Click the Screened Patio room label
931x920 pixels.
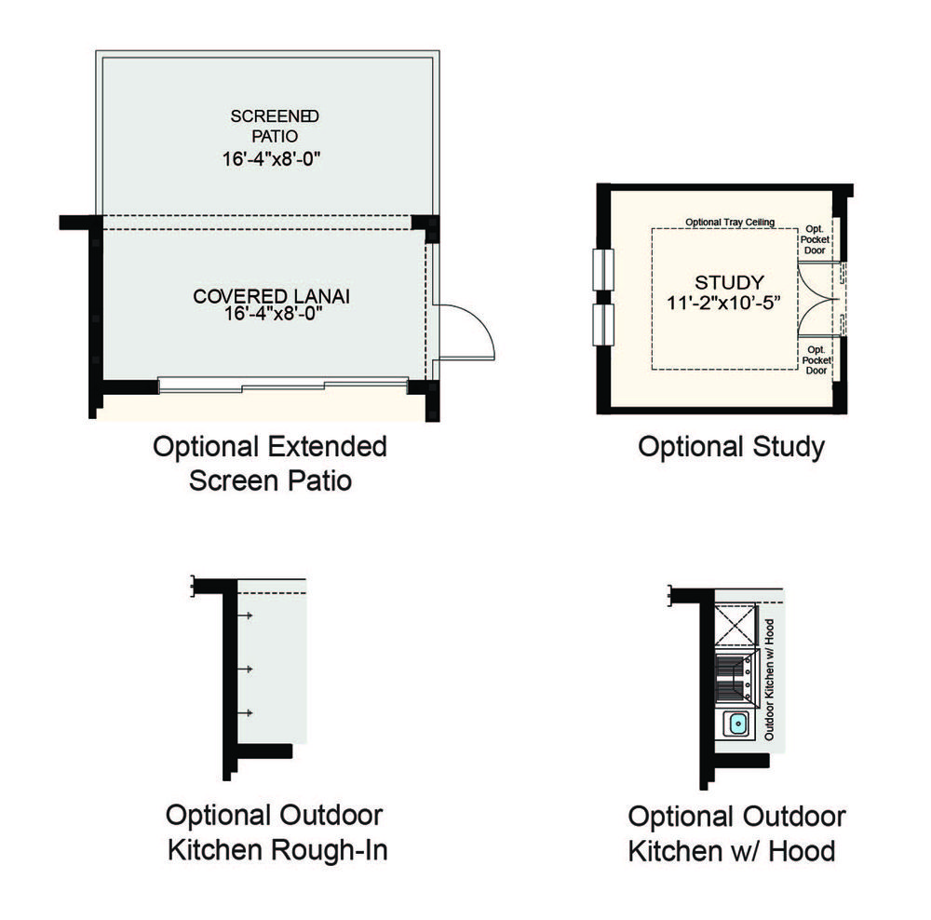(x=275, y=126)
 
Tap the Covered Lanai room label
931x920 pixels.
(x=271, y=296)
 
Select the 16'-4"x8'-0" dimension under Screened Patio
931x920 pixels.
(x=271, y=159)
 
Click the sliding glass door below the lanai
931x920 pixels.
(x=283, y=386)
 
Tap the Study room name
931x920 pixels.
(x=729, y=282)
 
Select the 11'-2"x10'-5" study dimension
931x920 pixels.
(x=723, y=303)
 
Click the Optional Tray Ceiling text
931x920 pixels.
(x=730, y=223)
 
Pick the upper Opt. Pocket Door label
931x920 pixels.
(x=815, y=239)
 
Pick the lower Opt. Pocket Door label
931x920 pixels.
(x=816, y=360)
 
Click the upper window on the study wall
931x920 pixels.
(x=603, y=270)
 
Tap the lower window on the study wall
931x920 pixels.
(x=603, y=324)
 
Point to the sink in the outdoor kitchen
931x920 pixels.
(x=738, y=724)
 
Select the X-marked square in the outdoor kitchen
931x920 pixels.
(x=735, y=624)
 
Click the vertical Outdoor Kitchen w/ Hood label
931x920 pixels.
(x=769, y=680)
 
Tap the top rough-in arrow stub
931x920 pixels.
(x=245, y=616)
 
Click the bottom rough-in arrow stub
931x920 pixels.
(x=245, y=712)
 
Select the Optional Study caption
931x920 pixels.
(x=732, y=447)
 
